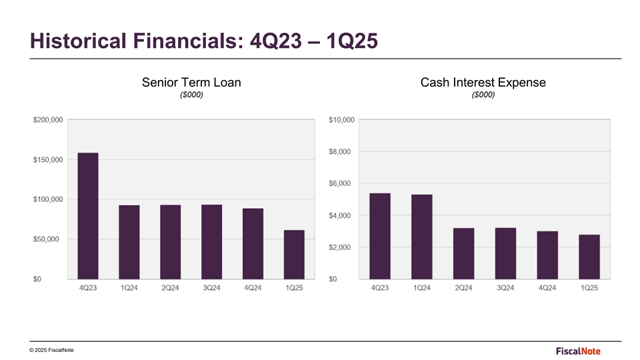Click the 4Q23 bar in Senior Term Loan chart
pyautogui.click(x=88, y=215)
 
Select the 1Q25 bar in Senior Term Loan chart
pyautogui.click(x=294, y=254)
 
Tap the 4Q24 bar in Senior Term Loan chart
pyautogui.click(x=253, y=243)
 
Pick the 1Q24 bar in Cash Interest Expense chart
pyautogui.click(x=421, y=237)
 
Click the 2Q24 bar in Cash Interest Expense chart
pyautogui.click(x=463, y=253)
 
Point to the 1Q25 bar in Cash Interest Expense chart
pyautogui.click(x=589, y=257)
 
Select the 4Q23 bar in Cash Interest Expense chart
pyautogui.click(x=380, y=236)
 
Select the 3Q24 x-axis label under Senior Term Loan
pyautogui.click(x=211, y=288)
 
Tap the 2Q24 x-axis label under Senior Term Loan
pyautogui.click(x=170, y=288)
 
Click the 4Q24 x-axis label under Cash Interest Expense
pyautogui.click(x=547, y=288)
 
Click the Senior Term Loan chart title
pyautogui.click(x=191, y=83)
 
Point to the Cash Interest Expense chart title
pyautogui.click(x=483, y=83)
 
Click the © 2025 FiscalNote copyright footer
pyautogui.click(x=52, y=351)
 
